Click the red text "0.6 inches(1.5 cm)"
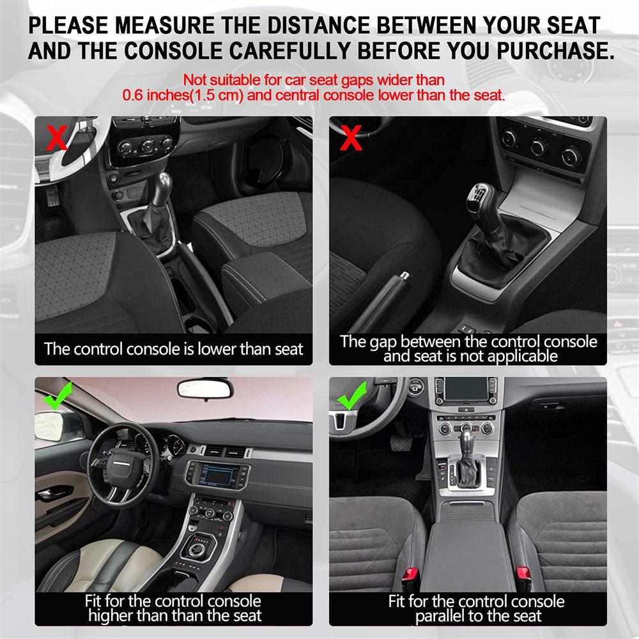[x=182, y=96]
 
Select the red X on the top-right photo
[x=351, y=137]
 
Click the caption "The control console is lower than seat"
[x=173, y=349]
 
